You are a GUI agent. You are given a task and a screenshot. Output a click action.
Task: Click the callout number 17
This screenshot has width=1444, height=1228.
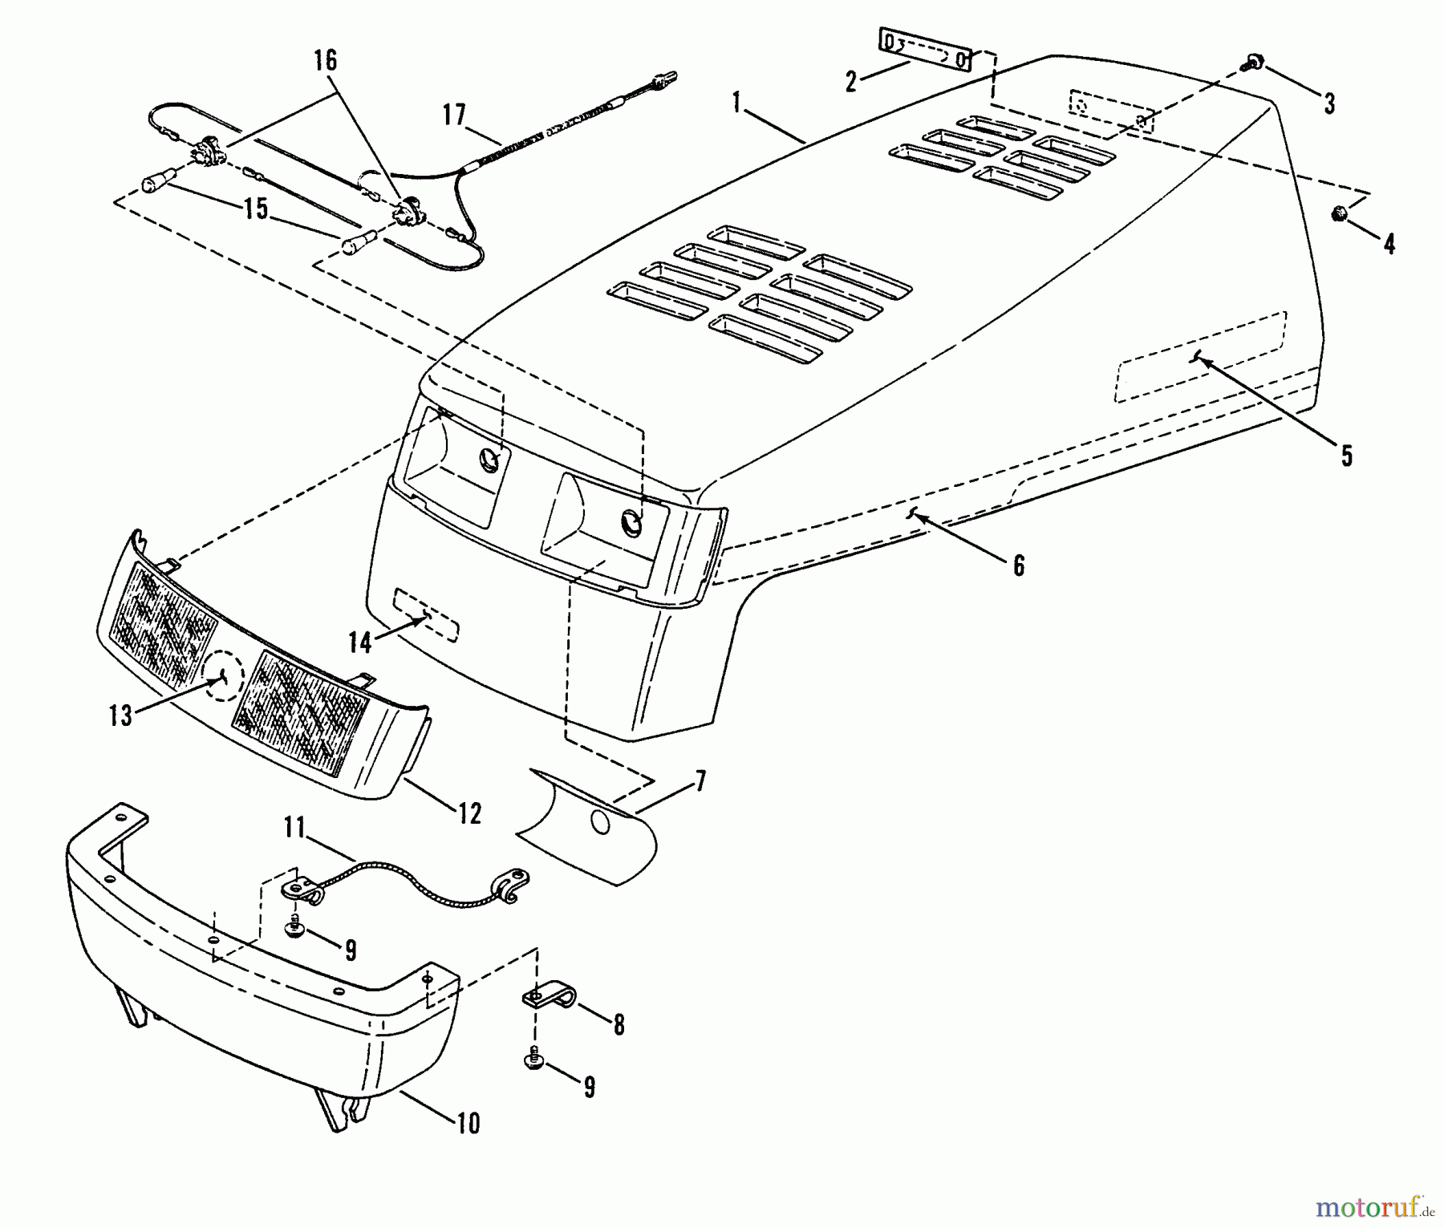[x=453, y=116]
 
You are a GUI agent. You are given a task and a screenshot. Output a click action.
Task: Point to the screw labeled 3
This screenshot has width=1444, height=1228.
[x=1252, y=62]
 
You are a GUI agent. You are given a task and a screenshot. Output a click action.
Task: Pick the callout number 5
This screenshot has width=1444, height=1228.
[x=1345, y=456]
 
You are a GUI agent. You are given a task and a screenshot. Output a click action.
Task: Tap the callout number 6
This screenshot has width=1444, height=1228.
[x=1018, y=565]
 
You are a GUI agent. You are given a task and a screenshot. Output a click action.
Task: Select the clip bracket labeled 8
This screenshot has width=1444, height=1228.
[x=549, y=999]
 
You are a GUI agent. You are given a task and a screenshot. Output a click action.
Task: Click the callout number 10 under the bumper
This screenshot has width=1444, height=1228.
[x=468, y=1123]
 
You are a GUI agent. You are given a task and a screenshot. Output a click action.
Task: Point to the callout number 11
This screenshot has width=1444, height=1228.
[x=294, y=827]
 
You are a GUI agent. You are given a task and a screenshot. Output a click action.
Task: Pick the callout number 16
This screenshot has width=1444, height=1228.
[x=326, y=61]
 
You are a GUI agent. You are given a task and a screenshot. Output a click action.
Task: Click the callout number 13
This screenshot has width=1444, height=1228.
[x=120, y=715]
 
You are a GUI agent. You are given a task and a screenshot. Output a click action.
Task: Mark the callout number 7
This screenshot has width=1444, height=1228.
[x=700, y=781]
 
